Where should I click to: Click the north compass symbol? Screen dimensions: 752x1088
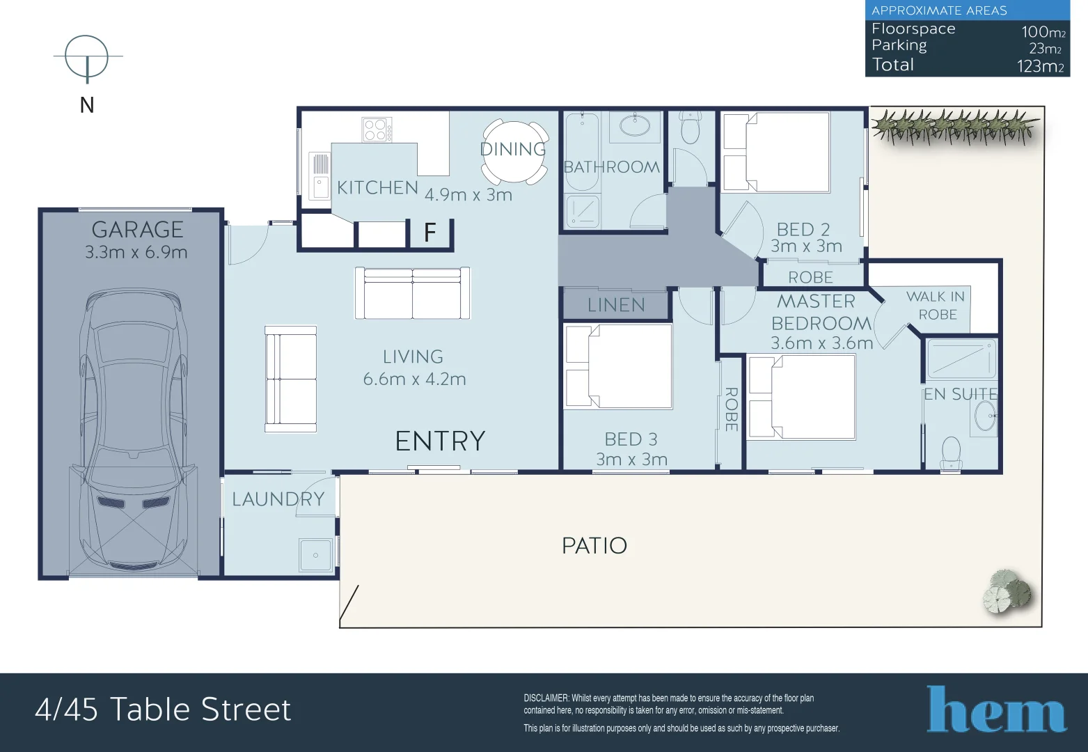point(87,57)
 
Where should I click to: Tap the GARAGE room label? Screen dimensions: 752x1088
point(137,229)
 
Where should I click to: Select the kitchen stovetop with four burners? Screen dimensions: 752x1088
point(377,130)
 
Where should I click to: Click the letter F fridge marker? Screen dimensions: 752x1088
point(430,233)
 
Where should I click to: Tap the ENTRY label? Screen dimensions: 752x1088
point(440,441)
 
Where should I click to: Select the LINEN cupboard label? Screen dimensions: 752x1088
point(616,304)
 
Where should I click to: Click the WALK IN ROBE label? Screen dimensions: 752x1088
point(936,305)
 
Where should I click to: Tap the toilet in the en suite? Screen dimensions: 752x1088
point(950,453)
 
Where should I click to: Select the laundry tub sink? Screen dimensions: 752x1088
point(316,555)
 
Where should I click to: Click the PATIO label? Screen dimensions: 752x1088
point(594,545)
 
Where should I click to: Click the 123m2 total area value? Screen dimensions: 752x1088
point(1040,66)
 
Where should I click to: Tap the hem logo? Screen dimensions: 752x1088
point(996,710)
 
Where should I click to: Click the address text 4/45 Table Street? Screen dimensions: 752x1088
point(163,710)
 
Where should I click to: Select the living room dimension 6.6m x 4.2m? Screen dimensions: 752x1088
point(414,379)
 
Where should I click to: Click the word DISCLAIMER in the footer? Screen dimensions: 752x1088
point(546,698)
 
